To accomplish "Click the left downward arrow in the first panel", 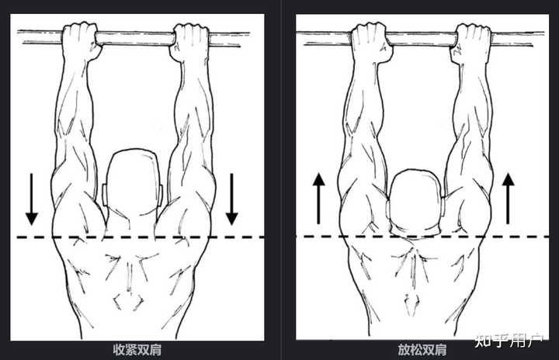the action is click(32, 199).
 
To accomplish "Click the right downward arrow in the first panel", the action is click(231, 199).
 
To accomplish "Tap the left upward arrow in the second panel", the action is click(319, 199).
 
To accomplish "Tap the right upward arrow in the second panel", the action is click(508, 199).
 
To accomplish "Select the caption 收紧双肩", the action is click(137, 350).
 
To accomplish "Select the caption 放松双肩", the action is click(422, 350).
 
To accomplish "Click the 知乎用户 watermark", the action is click(509, 341).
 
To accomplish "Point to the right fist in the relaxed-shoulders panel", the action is click(473, 42).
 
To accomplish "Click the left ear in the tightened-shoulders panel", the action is click(105, 195).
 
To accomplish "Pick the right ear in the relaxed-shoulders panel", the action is click(443, 206).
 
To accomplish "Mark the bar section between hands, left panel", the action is click(135, 39).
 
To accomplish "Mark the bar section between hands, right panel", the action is click(423, 40).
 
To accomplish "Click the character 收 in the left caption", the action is click(119, 350).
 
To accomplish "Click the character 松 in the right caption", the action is click(416, 350).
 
